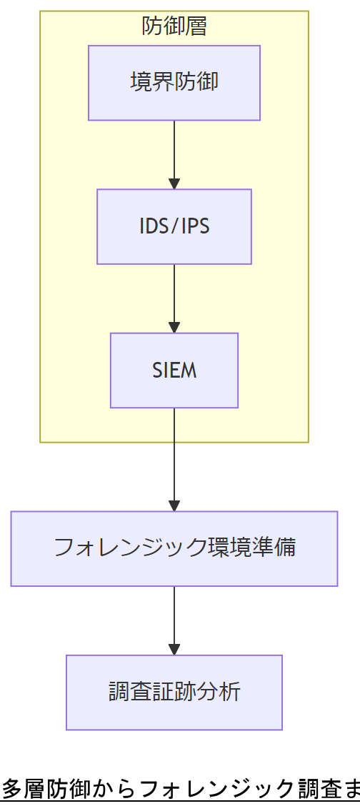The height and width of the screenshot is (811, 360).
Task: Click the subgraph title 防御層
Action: coord(174,27)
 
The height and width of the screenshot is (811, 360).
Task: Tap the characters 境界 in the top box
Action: coord(151,82)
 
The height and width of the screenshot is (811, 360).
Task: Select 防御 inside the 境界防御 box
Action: coord(196,82)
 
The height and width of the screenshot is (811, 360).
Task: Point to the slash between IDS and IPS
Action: coord(174,226)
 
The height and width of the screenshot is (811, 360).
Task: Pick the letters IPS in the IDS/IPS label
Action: coord(194,226)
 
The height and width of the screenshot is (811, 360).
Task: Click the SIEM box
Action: coord(174,371)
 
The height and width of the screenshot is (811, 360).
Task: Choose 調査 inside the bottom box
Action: coord(130,692)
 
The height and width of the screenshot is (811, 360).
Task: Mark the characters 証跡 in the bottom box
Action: coord(174,692)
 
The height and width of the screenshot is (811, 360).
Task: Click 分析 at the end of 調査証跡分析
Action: coord(219,692)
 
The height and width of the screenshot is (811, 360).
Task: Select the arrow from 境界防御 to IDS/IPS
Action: coord(174,153)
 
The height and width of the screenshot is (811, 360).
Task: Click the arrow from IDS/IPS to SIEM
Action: coord(174,298)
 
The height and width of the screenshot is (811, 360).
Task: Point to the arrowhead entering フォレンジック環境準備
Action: coord(174,505)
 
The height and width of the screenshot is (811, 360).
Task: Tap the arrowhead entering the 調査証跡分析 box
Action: coord(174,649)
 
